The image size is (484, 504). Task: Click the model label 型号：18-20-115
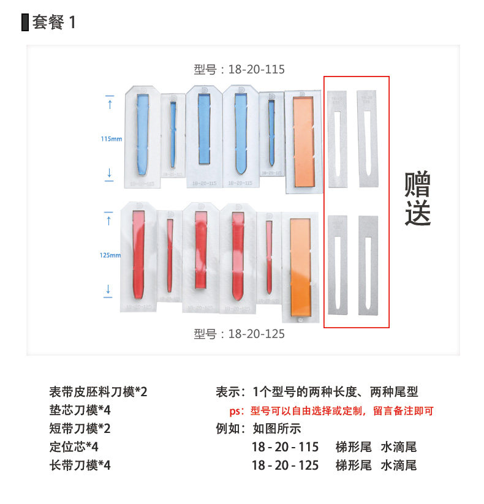tap(240, 69)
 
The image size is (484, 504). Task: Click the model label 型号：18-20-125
tap(240, 334)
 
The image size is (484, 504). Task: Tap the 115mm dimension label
tap(110, 139)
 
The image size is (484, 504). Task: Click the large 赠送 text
tap(417, 200)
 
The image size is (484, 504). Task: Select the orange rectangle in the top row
tap(303, 141)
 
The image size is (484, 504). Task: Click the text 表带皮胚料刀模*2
tap(98, 392)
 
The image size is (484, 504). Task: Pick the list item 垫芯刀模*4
tap(80, 410)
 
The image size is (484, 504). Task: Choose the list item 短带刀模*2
tap(80, 429)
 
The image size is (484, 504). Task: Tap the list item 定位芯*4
tap(74, 447)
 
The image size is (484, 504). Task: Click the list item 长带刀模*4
tap(80, 465)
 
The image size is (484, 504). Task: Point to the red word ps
tap(235, 411)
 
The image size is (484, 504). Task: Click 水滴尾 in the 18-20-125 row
tap(398, 465)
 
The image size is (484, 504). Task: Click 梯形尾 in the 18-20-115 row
tap(354, 447)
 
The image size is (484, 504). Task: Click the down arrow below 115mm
tap(110, 173)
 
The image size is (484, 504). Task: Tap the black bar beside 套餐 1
tap(25, 23)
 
